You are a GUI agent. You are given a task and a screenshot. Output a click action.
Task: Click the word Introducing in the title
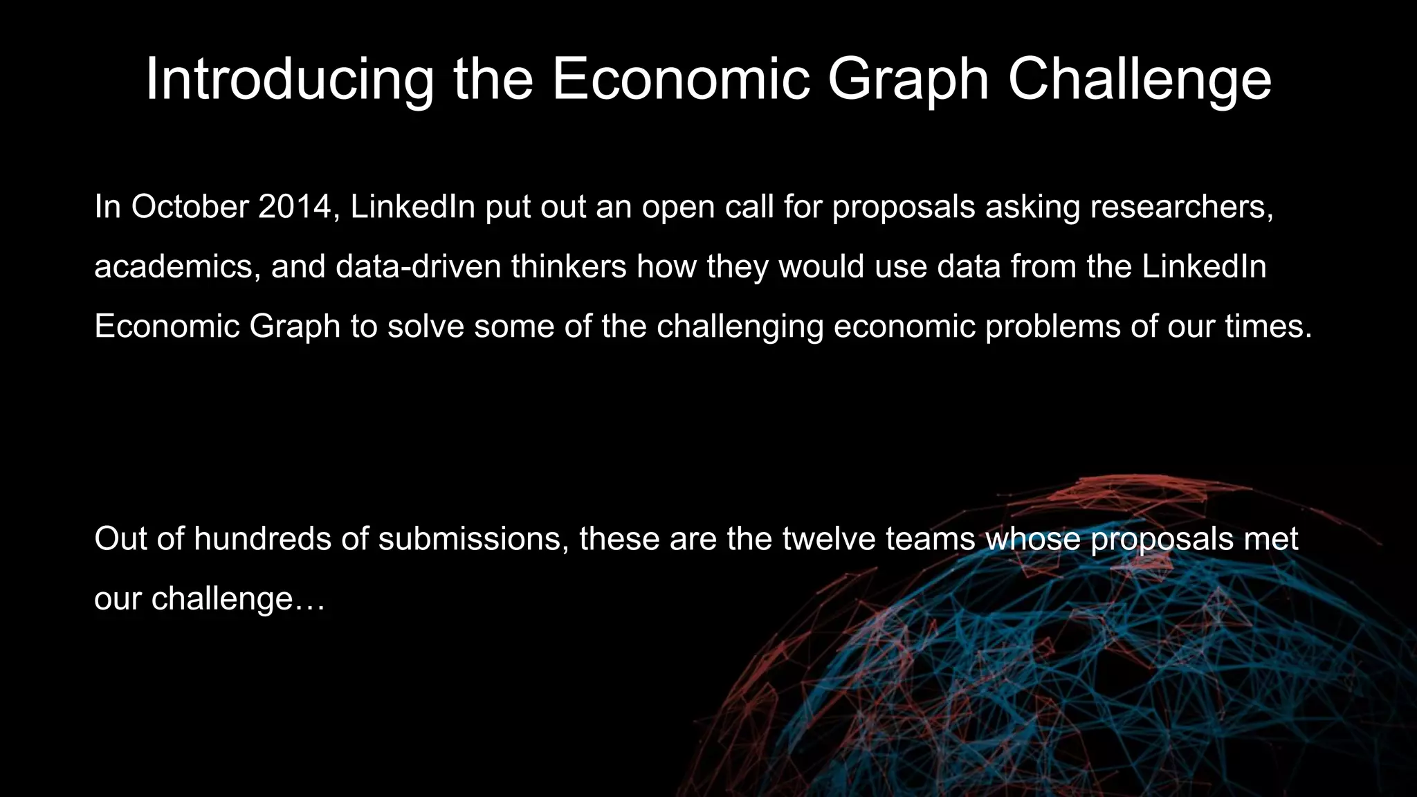[x=289, y=80]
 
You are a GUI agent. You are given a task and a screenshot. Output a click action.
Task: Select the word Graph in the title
[x=907, y=80]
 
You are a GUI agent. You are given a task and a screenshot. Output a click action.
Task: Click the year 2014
[x=295, y=206]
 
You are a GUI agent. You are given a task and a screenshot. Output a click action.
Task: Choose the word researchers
[x=1181, y=206]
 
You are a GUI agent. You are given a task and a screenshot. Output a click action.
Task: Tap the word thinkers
[x=569, y=266]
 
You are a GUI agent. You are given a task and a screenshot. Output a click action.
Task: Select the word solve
[x=426, y=326]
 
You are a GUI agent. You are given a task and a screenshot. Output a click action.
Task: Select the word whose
[x=1032, y=538]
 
